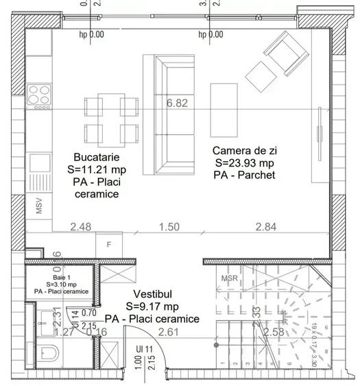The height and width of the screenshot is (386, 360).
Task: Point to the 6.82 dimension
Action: [177, 104]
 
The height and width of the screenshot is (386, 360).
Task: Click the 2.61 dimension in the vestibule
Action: [169, 333]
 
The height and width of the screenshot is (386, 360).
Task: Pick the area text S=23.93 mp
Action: [243, 162]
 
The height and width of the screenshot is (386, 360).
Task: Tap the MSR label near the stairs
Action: [230, 278]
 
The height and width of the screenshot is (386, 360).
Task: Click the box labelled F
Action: [108, 243]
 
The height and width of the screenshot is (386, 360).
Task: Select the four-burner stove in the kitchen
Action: [38, 95]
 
